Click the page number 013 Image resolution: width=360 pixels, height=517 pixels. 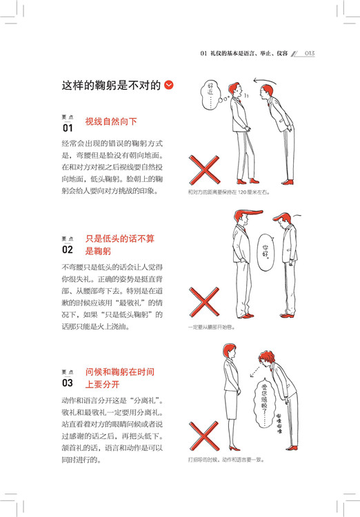[310, 53]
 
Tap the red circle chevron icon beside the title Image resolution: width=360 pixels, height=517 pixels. [168, 85]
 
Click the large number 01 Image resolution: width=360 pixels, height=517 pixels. [68, 128]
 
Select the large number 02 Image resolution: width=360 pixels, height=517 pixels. [68, 250]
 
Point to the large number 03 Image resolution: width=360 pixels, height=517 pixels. [68, 383]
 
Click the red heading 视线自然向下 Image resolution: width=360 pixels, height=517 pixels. [111, 121]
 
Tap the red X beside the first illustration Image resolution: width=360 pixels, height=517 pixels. [204, 170]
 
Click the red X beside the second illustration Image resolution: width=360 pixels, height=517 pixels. [204, 302]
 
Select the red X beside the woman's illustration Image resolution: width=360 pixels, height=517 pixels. [204, 436]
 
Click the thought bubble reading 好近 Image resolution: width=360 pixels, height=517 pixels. [211, 94]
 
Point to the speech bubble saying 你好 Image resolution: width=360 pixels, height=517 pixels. [266, 252]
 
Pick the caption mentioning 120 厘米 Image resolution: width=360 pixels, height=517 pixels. [229, 192]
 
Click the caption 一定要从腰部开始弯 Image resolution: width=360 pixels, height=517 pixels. [212, 327]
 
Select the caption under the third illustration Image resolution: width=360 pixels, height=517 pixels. [226, 459]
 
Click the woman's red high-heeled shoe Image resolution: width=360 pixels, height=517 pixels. [234, 448]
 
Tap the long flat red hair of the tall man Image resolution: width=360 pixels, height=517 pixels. [249, 214]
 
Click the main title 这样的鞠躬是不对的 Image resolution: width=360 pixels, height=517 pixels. [111, 85]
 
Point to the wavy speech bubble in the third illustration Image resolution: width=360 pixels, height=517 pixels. [264, 404]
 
